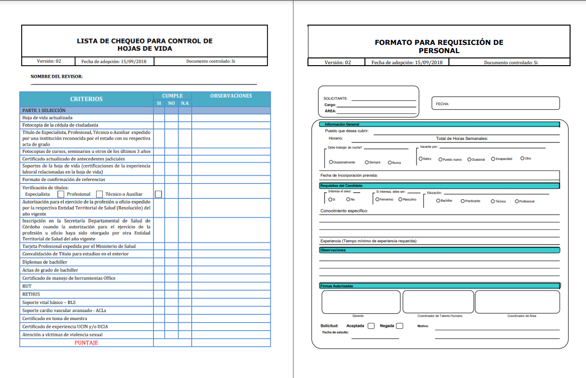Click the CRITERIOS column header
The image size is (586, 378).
[x=86, y=99]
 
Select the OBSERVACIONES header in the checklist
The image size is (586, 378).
[x=231, y=96]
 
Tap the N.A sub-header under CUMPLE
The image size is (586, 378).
[x=185, y=103]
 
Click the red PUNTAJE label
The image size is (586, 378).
[x=86, y=343]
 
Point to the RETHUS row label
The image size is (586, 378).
[x=31, y=294]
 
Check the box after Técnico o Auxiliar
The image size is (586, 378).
[x=158, y=194]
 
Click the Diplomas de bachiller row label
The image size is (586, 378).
[x=45, y=262]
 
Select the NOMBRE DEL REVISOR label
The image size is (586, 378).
[x=56, y=76]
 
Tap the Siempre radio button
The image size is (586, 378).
[x=367, y=162]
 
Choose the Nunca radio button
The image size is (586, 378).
[x=390, y=162]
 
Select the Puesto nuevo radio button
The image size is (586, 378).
[x=440, y=159]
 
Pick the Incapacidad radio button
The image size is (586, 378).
[x=493, y=158]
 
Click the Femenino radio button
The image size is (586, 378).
[x=377, y=199]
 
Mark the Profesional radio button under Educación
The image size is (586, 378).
[x=517, y=201]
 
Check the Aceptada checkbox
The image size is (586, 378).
[x=371, y=326]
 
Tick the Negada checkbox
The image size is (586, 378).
[x=400, y=326]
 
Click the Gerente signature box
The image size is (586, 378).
[x=361, y=302]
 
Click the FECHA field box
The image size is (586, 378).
[x=495, y=103]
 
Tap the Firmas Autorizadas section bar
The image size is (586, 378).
[x=439, y=286]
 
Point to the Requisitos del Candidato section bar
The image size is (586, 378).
[x=439, y=185]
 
